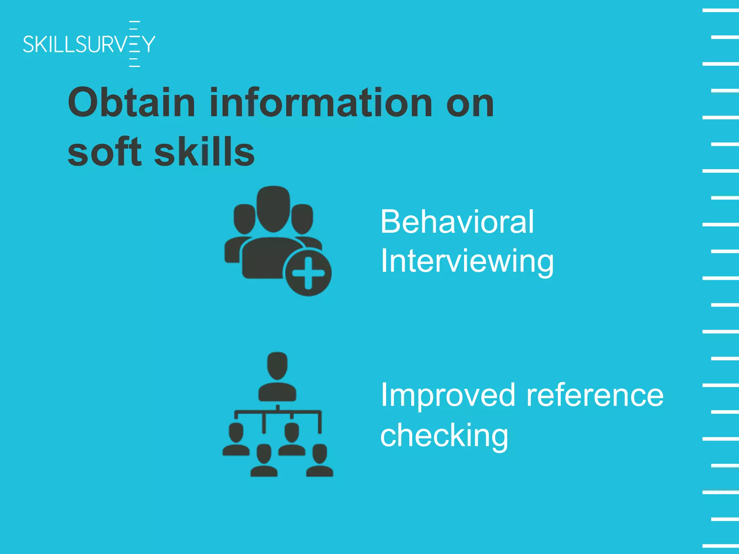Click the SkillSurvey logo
click(x=89, y=44)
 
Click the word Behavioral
click(x=457, y=221)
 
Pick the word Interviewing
click(x=467, y=261)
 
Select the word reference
click(x=595, y=395)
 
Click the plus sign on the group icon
click(x=308, y=273)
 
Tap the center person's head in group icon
click(x=273, y=208)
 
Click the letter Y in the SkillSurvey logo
click(x=148, y=44)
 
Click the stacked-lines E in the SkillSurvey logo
click(x=134, y=44)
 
